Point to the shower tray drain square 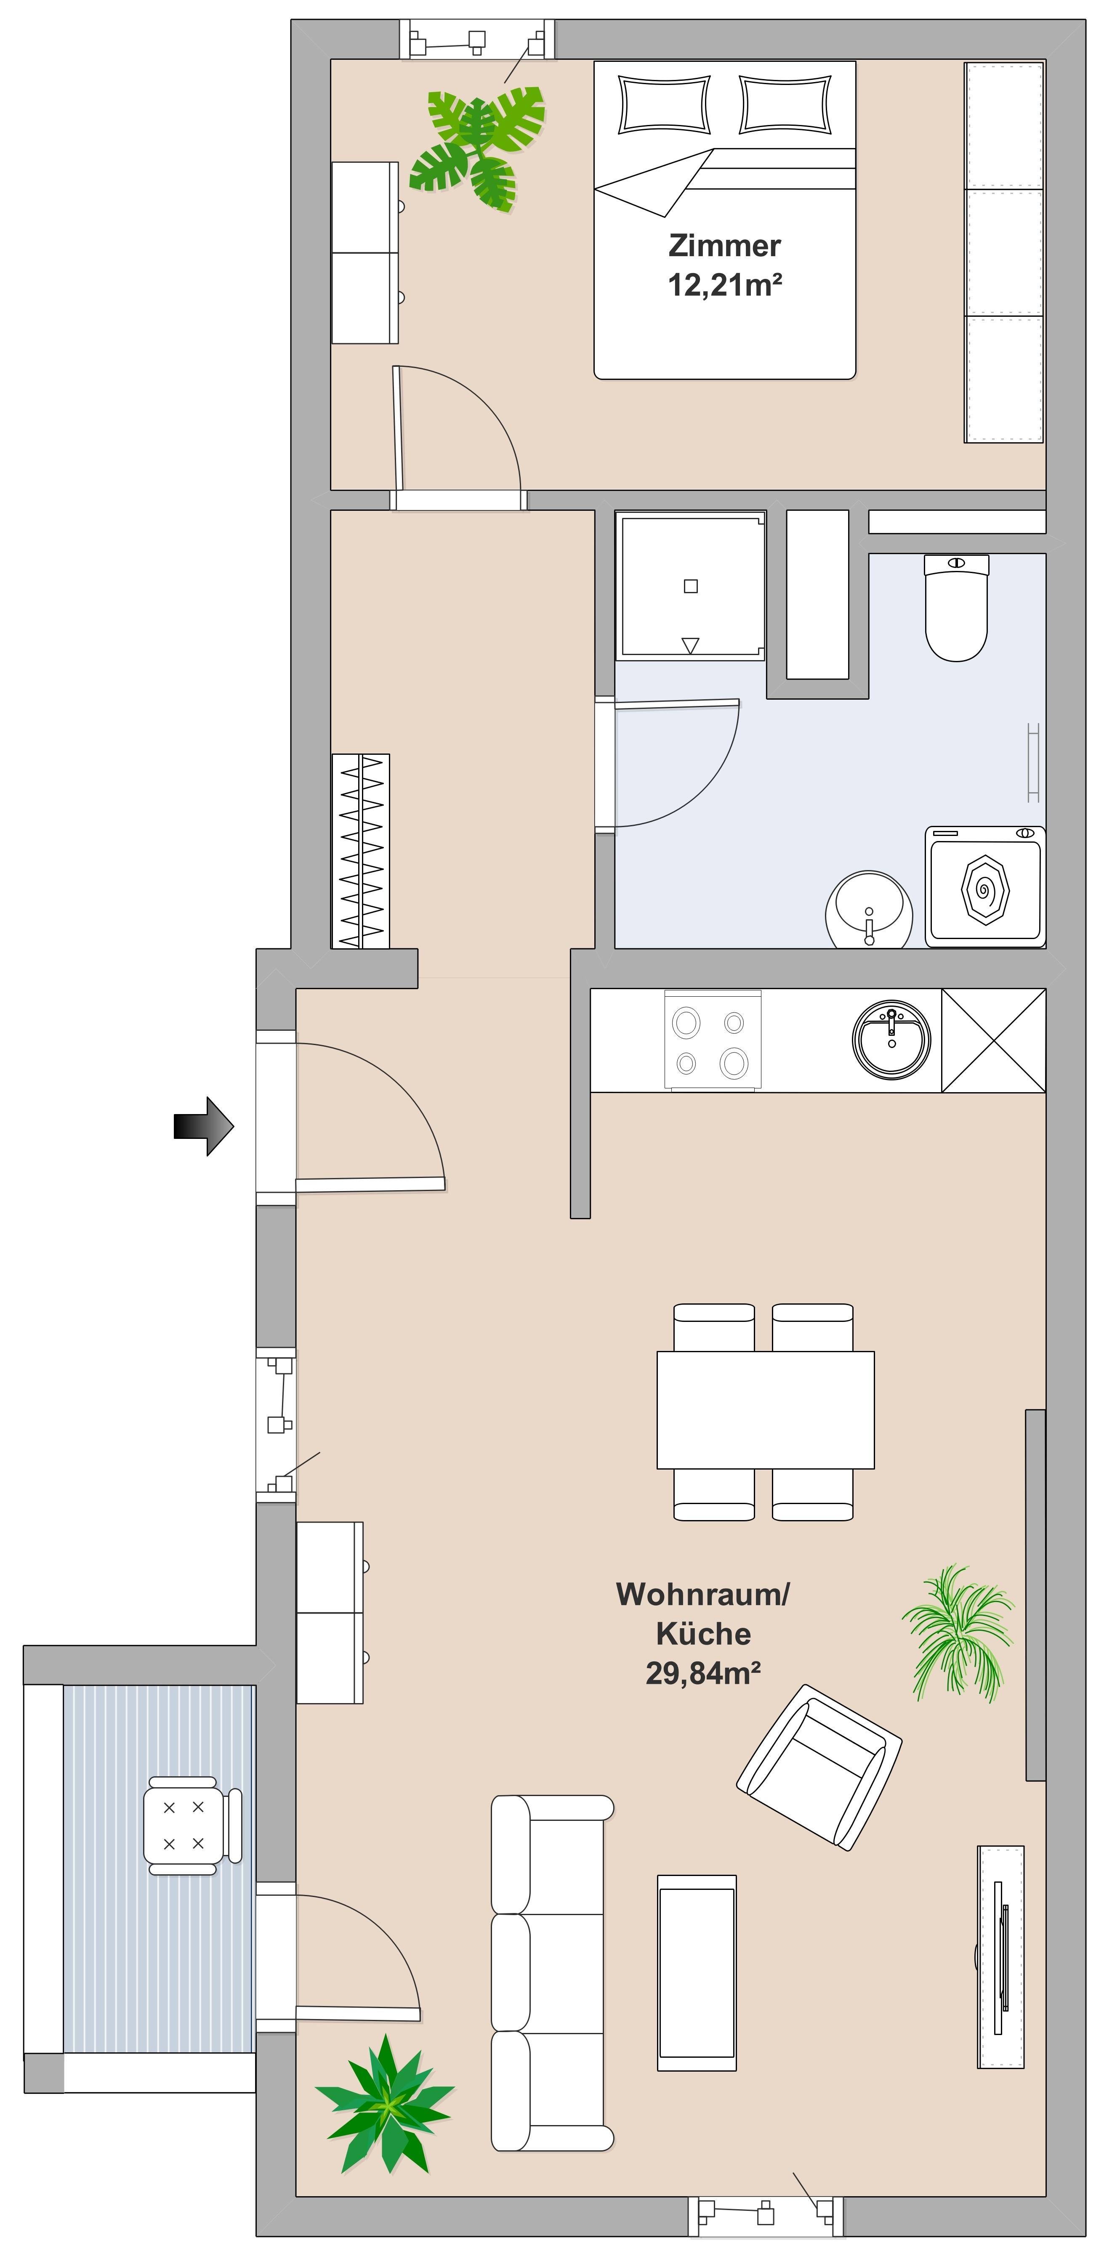pos(691,587)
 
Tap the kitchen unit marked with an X pos(993,1040)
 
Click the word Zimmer pos(724,245)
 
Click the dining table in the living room pos(766,1410)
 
